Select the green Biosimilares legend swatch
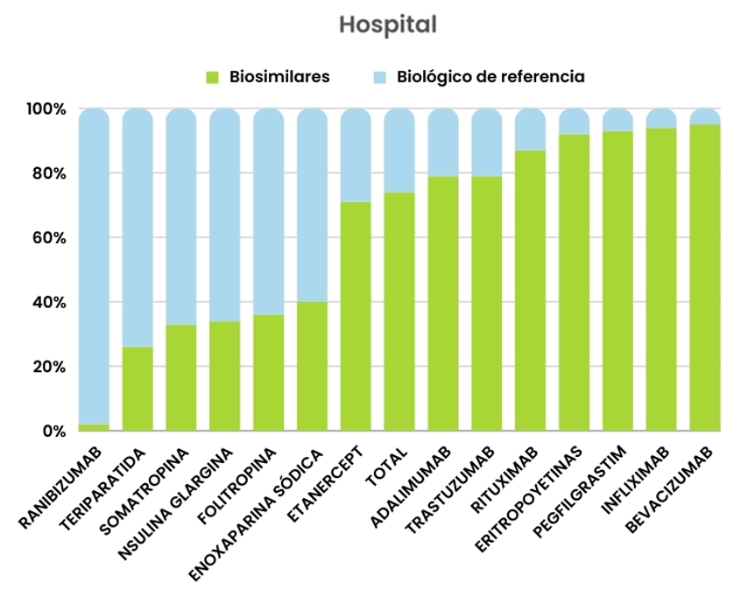coord(212,77)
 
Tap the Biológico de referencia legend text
coord(490,77)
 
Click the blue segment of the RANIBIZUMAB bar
coord(94,263)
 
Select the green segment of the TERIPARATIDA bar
coord(138,390)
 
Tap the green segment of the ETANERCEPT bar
coord(356,315)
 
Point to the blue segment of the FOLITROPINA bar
coord(268,210)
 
